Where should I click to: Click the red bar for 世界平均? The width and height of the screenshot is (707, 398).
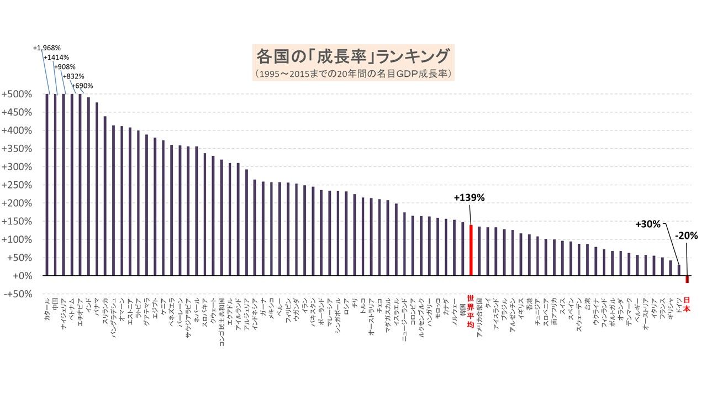click(471, 250)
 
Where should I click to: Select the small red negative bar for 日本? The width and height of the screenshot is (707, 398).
click(687, 280)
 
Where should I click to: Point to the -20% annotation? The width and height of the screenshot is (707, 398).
click(687, 235)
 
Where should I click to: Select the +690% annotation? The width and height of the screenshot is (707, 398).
click(82, 86)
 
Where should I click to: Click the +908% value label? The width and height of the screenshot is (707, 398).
click(65, 67)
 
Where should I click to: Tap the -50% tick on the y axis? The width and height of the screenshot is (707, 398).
click(16, 294)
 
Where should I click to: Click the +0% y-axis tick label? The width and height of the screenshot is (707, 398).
click(18, 276)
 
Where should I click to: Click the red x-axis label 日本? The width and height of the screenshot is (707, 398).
click(687, 305)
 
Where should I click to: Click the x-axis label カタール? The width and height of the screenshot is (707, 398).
click(47, 312)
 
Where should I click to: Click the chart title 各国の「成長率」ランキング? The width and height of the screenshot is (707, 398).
click(353, 56)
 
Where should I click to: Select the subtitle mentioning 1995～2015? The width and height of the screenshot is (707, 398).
click(353, 73)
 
